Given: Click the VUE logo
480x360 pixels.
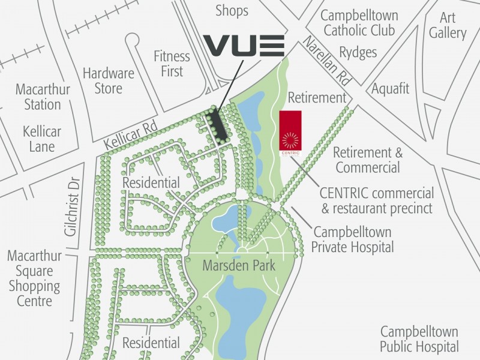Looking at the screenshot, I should pos(243,46).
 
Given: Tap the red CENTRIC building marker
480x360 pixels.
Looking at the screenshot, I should pos(290,130).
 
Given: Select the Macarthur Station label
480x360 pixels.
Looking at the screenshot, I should pos(43,97).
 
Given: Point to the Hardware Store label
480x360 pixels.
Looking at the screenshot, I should pos(109,81).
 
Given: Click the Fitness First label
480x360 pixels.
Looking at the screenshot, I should pos(172,63).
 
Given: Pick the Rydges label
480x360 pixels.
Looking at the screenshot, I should pos(358,53).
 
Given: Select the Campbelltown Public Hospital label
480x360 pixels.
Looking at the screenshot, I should pos(419,339).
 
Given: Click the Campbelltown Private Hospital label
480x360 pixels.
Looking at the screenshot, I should pos(353,239).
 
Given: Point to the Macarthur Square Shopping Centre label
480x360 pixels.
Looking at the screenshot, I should pos(34,278).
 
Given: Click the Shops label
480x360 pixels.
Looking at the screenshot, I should pos(232,11).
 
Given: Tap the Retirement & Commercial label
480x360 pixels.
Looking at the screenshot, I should pos(367,160).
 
